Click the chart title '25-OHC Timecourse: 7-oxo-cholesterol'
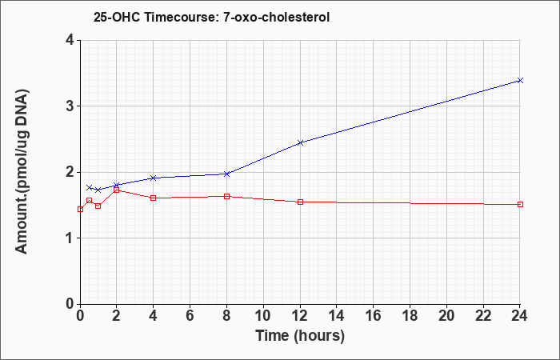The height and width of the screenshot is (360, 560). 211,17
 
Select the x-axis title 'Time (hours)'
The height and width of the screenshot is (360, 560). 300,336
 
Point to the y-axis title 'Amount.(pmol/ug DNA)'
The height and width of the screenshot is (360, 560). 22,171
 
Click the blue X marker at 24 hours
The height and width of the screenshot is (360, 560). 520,80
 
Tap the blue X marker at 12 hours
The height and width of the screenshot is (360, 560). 300,142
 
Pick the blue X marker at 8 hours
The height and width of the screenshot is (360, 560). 226,174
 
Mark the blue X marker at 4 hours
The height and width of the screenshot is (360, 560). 154,178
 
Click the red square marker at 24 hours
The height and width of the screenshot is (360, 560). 520,204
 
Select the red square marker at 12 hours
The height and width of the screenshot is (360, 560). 300,202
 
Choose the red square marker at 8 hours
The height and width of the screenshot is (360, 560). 226,196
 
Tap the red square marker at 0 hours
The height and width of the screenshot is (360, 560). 80,210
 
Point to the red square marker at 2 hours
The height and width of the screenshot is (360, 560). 117,190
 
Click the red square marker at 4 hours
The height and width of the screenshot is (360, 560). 154,198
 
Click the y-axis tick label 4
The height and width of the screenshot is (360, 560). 70,40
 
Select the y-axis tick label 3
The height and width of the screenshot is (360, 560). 70,106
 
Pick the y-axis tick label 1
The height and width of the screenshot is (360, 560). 70,238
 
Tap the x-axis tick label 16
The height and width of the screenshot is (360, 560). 374,316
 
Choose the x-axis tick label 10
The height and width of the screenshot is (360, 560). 263,316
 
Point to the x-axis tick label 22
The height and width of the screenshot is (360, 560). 483,316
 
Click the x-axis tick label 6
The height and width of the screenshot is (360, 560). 190,316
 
